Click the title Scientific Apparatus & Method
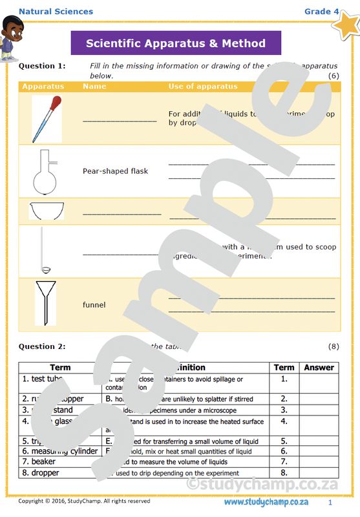(x=176, y=43)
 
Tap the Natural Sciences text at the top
(x=56, y=11)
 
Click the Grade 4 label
(x=321, y=11)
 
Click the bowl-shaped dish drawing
(x=47, y=211)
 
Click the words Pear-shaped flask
(x=115, y=171)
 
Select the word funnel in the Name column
(x=94, y=304)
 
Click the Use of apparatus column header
(x=203, y=86)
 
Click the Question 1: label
(x=42, y=66)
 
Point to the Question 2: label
(x=42, y=346)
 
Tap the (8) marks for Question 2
(x=333, y=346)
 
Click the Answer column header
(x=319, y=367)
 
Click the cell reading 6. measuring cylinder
(x=59, y=450)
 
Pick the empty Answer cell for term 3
(x=319, y=410)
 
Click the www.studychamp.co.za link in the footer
(x=266, y=502)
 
